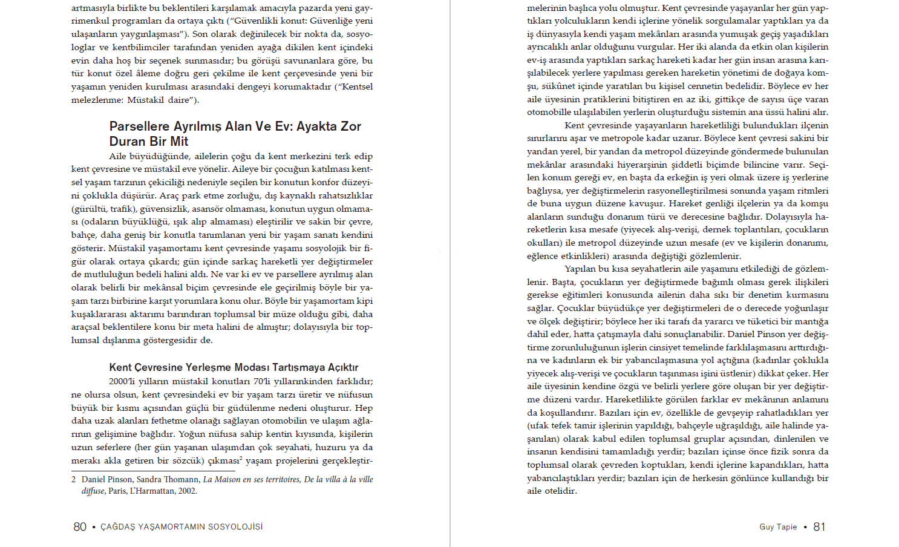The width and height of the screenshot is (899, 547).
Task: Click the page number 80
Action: pos(80,527)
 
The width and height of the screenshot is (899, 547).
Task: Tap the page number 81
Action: pos(819,527)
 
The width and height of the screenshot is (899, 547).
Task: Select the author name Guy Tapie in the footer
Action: pos(778,527)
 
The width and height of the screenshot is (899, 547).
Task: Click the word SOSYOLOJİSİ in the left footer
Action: pos(235,527)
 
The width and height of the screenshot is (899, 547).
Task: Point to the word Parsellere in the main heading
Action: pos(139,126)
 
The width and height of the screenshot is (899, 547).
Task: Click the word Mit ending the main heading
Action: pos(179,142)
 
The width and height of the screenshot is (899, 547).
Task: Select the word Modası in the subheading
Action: pos(251,367)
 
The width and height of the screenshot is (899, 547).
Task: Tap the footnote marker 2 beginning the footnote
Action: pos(74,479)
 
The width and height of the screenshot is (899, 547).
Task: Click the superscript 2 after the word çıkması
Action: pos(240,458)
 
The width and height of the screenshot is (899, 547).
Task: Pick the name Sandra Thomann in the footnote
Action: pos(168,479)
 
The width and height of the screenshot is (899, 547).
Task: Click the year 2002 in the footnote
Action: pos(187,491)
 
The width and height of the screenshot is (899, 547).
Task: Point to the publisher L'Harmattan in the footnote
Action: pos(151,491)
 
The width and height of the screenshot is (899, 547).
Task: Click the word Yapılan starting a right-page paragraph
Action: pos(580,269)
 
